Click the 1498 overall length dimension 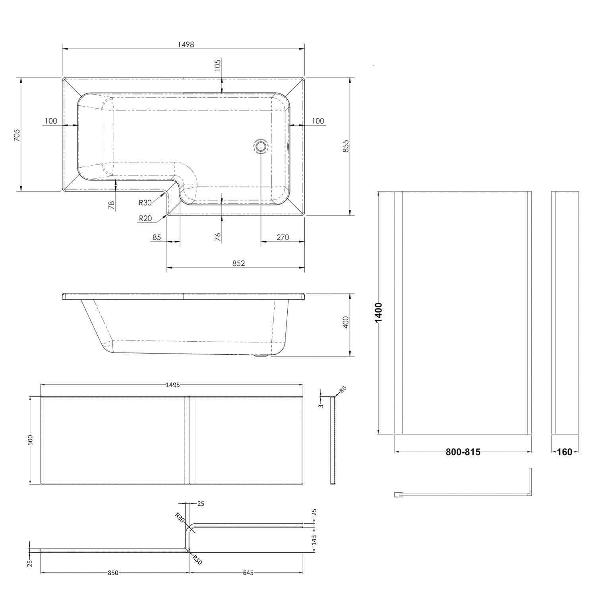coord(186,45)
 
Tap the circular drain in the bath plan coord(261,146)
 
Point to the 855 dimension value coord(346,146)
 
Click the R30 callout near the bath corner coord(145,203)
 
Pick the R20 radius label coord(145,218)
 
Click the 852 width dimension coord(238,263)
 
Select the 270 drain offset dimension coord(283,237)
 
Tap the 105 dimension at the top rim coord(217,65)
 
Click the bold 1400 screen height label coord(379,312)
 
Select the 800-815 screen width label coord(463,452)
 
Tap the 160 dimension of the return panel coord(565,452)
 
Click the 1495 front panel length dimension coord(173,385)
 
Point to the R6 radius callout coord(343,389)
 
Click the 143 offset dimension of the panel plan coord(314,540)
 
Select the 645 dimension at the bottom coord(248,573)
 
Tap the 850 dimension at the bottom coord(113,573)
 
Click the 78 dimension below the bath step coord(112,205)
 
